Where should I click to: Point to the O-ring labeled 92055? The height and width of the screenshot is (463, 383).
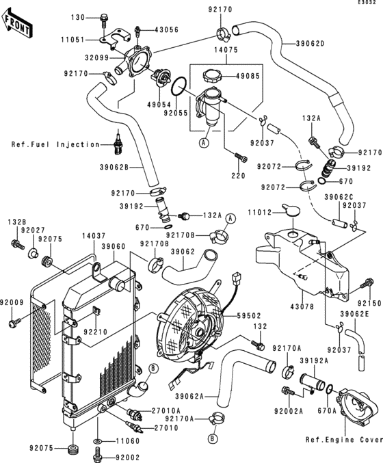click(x=178, y=87)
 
